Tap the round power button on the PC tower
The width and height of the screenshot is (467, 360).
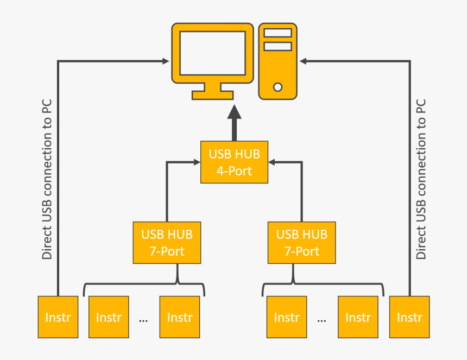pyautogui.click(x=277, y=87)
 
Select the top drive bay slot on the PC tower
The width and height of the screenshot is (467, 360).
pyautogui.click(x=277, y=33)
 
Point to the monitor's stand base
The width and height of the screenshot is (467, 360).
pyautogui.click(x=212, y=95)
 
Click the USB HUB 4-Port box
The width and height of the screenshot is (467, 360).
pyautogui.click(x=234, y=162)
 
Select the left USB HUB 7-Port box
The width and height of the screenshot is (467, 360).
pyautogui.click(x=167, y=243)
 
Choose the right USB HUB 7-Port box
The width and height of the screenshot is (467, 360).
pyautogui.click(x=301, y=243)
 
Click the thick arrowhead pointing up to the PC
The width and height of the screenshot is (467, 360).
pyautogui.click(x=234, y=112)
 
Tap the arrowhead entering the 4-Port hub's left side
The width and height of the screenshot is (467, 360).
pyautogui.click(x=197, y=162)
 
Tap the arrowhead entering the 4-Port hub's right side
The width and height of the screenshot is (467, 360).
pyautogui.click(x=272, y=162)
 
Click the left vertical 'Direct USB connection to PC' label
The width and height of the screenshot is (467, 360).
pyautogui.click(x=48, y=179)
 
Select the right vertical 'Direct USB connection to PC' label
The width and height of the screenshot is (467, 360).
pyautogui.click(x=421, y=179)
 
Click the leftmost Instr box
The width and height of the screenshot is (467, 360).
pyautogui.click(x=58, y=317)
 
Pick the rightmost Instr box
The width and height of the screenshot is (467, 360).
pyautogui.click(x=409, y=317)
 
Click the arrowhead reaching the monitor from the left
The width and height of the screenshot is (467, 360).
pyautogui.click(x=166, y=61)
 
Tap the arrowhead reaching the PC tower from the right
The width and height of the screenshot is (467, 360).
pyautogui.click(x=303, y=61)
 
